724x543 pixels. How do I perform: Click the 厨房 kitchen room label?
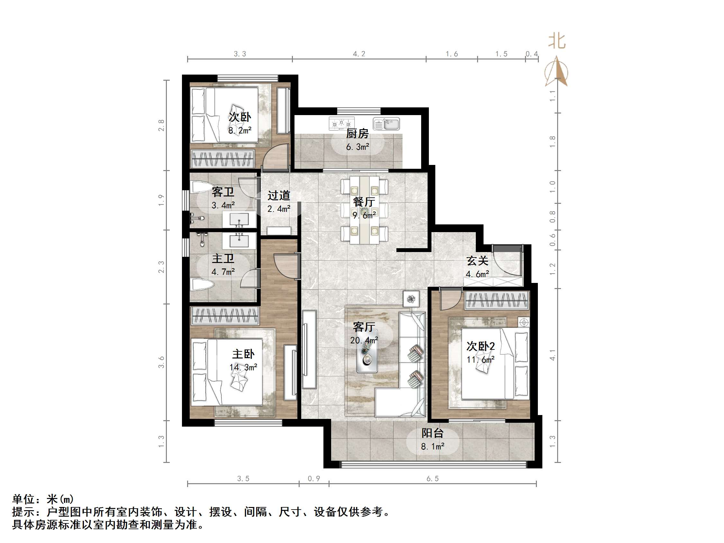point(357,133)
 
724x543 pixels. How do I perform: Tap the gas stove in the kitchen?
point(341,123)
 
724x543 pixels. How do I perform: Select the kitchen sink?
point(386,124)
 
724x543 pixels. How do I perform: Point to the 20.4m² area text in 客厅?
point(364,340)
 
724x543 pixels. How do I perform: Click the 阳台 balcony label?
point(432,433)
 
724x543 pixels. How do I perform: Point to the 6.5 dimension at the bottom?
point(432,478)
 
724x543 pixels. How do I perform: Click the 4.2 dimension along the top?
point(359,54)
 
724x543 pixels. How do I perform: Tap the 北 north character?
point(557,41)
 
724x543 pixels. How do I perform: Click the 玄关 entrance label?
point(477,261)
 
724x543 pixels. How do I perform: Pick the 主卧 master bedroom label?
point(243,354)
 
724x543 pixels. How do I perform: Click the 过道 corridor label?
point(279,195)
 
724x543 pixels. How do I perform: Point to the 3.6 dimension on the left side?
point(161,362)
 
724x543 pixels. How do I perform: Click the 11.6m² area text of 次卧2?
point(480,360)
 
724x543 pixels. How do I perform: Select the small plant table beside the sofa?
point(411,299)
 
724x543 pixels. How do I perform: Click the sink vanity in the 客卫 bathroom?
point(239,219)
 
